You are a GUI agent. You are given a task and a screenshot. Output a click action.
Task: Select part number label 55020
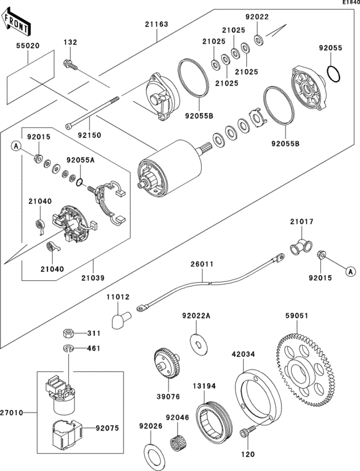coord(28,47)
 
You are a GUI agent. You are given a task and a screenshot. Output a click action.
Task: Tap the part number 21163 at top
coord(156,24)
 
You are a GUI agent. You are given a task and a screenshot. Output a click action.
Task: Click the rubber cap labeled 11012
coord(120,319)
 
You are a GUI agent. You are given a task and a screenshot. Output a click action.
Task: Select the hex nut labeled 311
coord(67,333)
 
